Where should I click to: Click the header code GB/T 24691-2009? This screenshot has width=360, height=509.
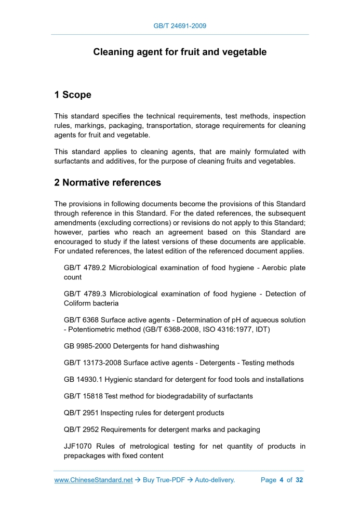[180, 25]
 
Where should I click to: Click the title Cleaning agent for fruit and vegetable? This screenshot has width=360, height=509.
[180, 52]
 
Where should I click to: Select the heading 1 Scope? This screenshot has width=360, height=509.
[73, 95]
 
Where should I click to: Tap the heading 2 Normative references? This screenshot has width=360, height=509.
[108, 183]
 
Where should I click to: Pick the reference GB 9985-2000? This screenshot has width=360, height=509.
[87, 346]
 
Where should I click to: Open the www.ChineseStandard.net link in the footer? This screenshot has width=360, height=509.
[94, 480]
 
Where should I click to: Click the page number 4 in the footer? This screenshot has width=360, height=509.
[281, 480]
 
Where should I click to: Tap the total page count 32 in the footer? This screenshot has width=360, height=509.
[299, 480]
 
